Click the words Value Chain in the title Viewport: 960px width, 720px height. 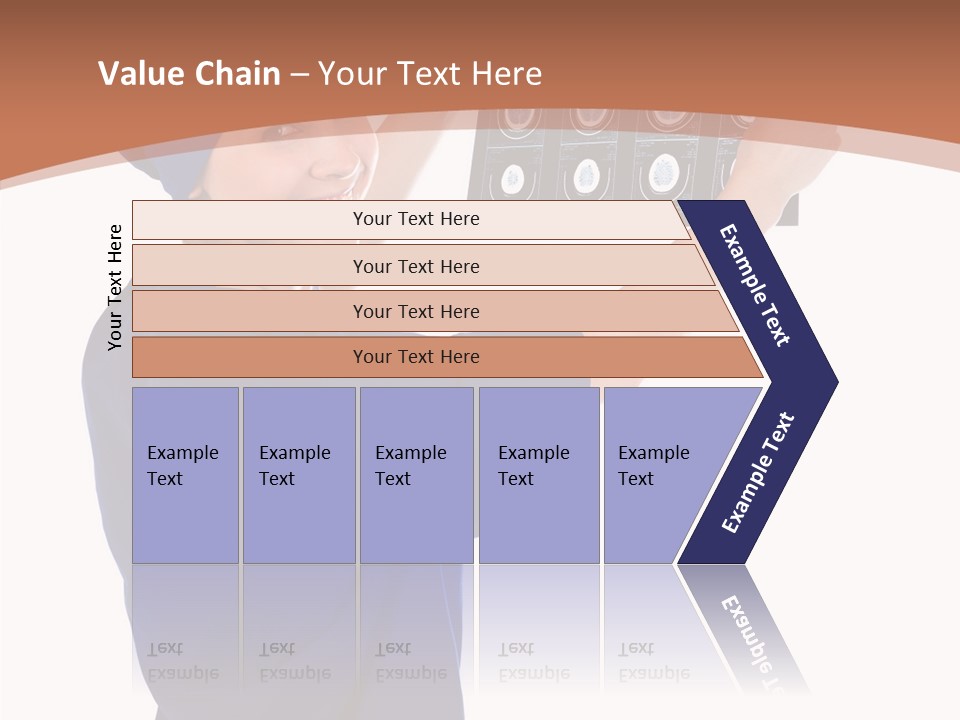click(189, 74)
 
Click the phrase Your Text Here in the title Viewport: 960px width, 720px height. click(430, 74)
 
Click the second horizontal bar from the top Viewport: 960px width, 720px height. click(416, 266)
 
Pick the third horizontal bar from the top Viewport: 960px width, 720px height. click(416, 311)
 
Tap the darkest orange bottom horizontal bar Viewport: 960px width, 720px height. click(416, 357)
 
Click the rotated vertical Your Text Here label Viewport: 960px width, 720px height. click(115, 288)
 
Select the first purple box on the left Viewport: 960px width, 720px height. click(185, 475)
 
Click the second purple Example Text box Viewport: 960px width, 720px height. click(298, 475)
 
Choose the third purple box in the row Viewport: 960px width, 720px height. click(416, 475)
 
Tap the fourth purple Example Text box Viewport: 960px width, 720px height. click(538, 475)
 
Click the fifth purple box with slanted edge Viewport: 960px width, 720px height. click(660, 475)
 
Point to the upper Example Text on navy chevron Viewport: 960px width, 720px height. click(755, 285)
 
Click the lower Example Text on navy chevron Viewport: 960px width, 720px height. click(758, 472)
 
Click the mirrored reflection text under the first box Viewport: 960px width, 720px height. click(183, 661)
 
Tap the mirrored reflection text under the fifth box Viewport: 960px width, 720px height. click(654, 661)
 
